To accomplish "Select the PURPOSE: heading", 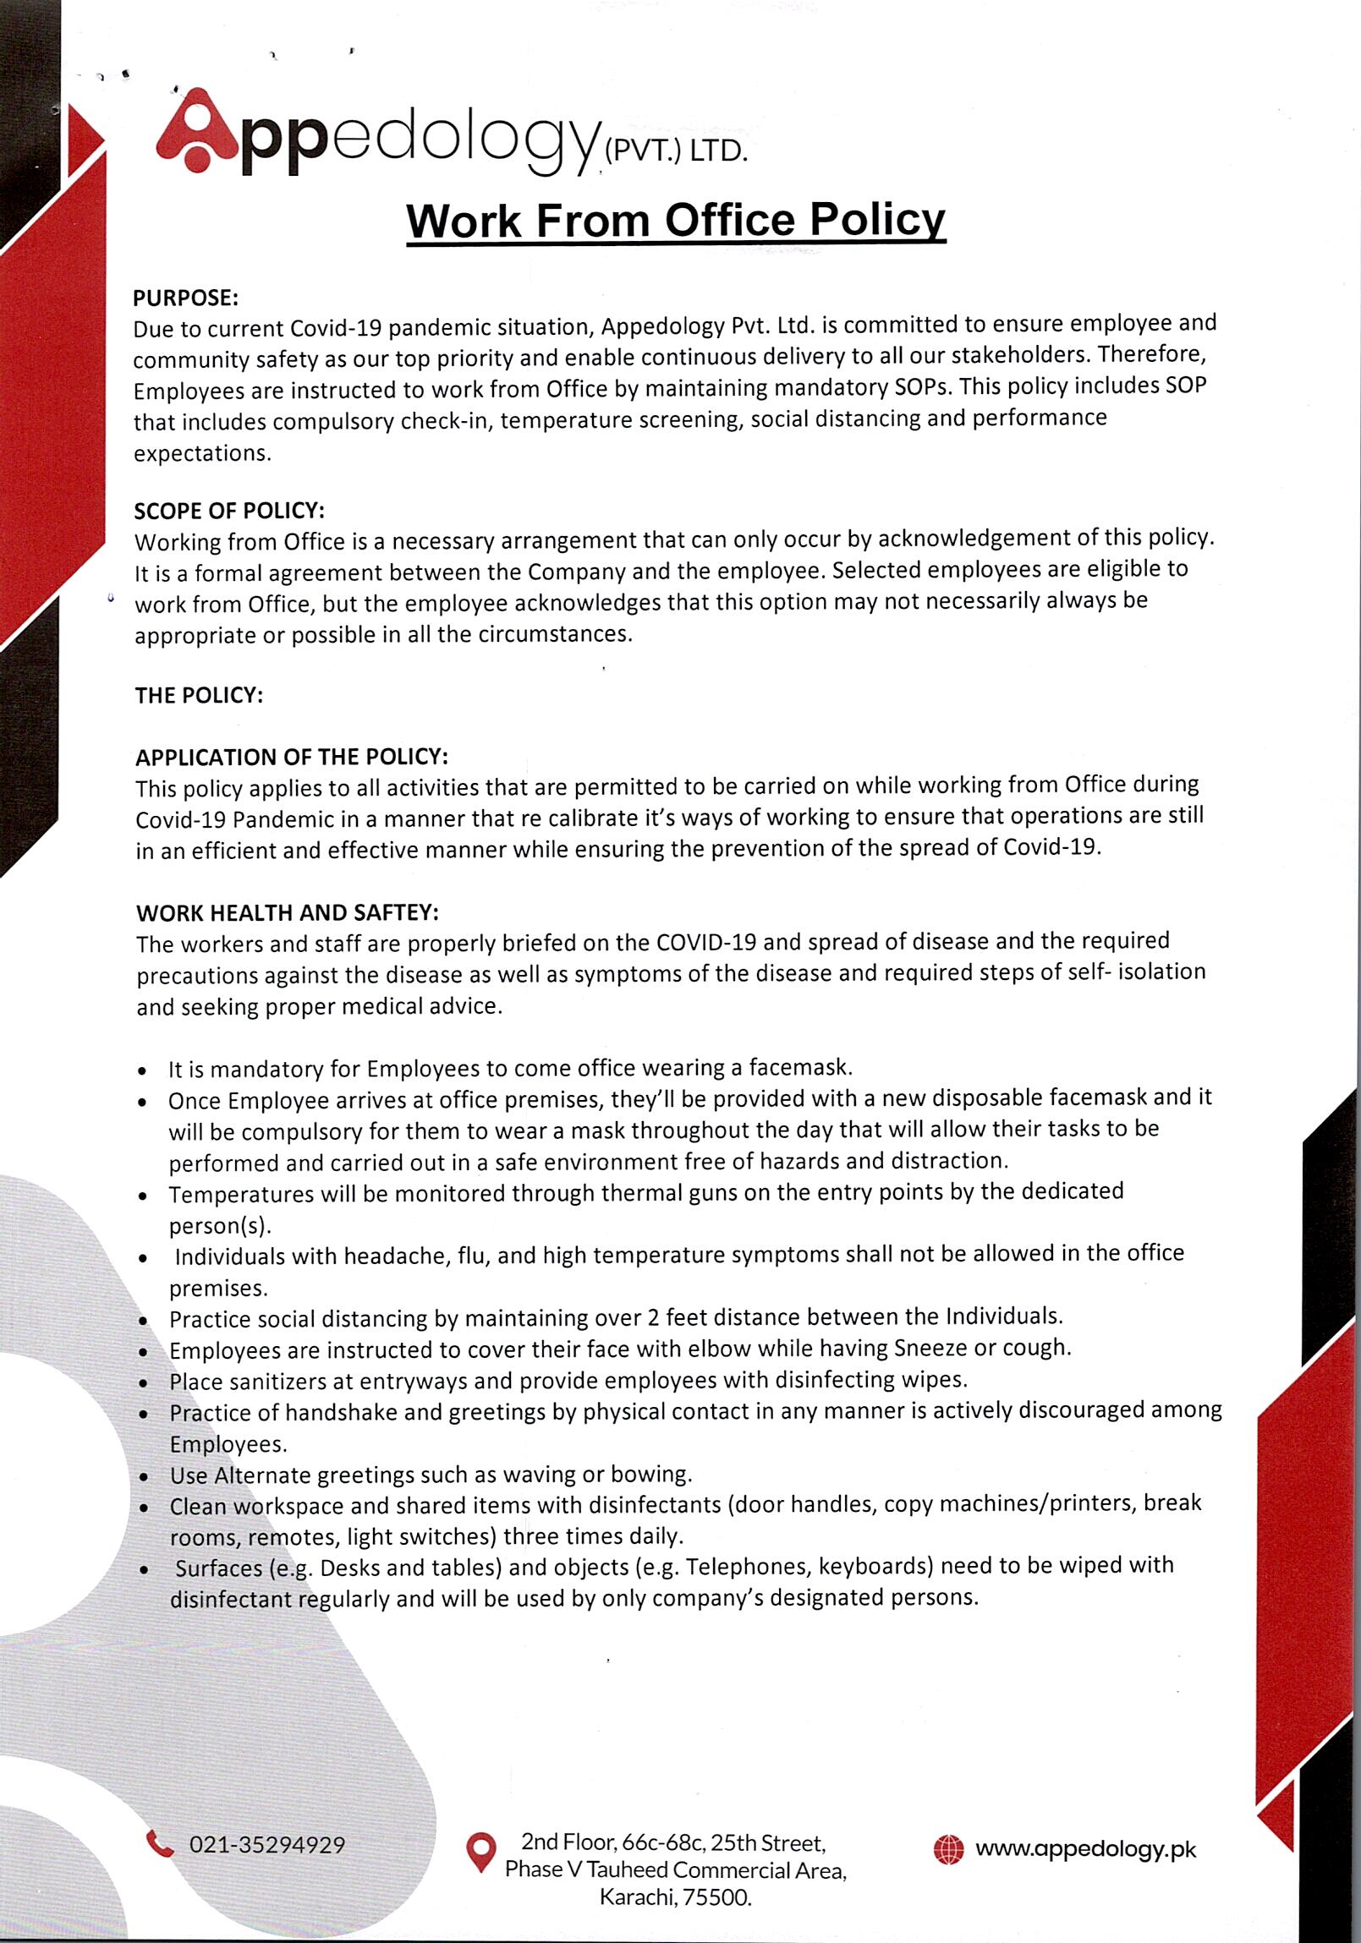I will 186,298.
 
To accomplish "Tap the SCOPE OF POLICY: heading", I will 229,512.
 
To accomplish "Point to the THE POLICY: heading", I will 200,696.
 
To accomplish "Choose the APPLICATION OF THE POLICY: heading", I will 292,757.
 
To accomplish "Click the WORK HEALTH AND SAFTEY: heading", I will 288,913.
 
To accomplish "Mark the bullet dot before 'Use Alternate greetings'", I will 145,1477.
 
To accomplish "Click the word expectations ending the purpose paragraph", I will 202,453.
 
